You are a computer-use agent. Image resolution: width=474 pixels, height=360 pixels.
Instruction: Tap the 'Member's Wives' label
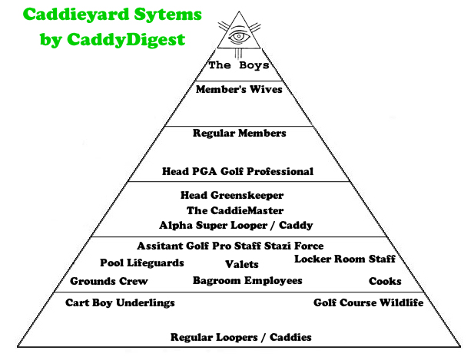(x=239, y=90)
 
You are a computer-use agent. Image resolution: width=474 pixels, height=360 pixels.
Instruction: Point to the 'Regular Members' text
(x=239, y=134)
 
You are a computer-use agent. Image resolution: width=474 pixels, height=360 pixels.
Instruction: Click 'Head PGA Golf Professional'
(x=238, y=171)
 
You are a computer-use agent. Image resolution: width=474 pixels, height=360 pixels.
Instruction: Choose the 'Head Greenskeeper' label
(x=232, y=196)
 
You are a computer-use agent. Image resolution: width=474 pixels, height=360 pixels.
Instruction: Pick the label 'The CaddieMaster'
(x=235, y=210)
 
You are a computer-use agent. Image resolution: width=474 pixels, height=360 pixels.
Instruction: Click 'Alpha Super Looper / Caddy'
(x=236, y=226)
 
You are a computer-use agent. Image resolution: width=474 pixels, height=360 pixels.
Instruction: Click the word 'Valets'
(x=241, y=265)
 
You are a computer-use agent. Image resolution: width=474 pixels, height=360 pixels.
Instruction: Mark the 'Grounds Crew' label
(x=109, y=282)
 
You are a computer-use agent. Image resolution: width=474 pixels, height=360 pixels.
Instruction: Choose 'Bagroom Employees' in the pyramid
(x=247, y=281)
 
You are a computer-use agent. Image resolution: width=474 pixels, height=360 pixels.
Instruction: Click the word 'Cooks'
(x=385, y=282)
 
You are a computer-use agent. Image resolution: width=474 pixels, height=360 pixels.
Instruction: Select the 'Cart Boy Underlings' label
(x=120, y=303)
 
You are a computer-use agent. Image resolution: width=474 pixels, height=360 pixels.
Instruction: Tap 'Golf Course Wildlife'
(x=368, y=303)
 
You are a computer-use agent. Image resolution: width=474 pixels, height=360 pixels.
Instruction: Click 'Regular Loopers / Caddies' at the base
(x=240, y=338)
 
